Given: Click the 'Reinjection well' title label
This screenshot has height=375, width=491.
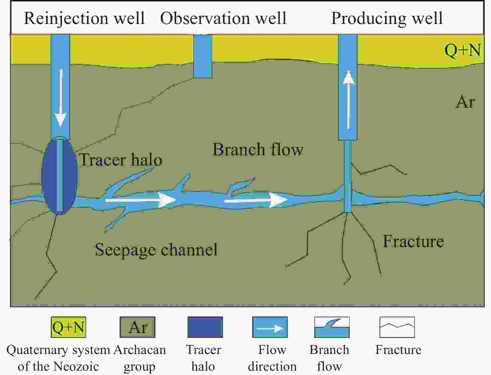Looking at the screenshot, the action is coord(84,18).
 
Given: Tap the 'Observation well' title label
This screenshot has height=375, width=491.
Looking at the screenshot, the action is coord(224,18).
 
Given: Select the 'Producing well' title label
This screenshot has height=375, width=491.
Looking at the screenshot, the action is coord(387,18).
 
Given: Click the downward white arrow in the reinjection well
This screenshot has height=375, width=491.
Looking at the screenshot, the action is coord(61,98).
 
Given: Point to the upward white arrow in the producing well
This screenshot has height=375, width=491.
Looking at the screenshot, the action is coord(348,100).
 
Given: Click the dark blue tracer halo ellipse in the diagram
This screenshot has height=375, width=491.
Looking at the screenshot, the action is coord(60,176).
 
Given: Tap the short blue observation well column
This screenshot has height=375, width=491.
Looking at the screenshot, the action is coord(203,56).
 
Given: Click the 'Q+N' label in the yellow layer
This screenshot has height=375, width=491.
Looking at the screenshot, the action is coord(463,50).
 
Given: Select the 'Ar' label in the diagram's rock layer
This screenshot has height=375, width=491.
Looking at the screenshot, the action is coord(465,102).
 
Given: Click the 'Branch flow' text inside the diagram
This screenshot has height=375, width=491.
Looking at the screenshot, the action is coord(258,149).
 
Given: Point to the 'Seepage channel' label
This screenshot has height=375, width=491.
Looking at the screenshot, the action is coord(156,249).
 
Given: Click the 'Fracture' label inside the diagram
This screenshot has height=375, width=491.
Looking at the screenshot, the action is coord(413,241).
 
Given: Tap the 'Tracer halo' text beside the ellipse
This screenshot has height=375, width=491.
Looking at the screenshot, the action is coord(121,160).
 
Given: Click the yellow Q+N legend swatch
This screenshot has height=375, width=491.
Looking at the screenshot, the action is coord(69,327).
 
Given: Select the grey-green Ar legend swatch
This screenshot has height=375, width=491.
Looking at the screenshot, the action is coord(138,327).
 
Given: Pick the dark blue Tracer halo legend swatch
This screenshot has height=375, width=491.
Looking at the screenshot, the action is coord(205,327).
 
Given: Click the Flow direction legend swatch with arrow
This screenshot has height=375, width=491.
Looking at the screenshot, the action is coord(270,327).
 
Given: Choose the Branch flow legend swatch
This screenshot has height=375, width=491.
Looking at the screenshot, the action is coord(332,327).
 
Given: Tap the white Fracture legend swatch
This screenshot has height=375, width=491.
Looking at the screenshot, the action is coord(397,327).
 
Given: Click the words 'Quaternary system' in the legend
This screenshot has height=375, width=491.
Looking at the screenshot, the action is coord(58,350).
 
